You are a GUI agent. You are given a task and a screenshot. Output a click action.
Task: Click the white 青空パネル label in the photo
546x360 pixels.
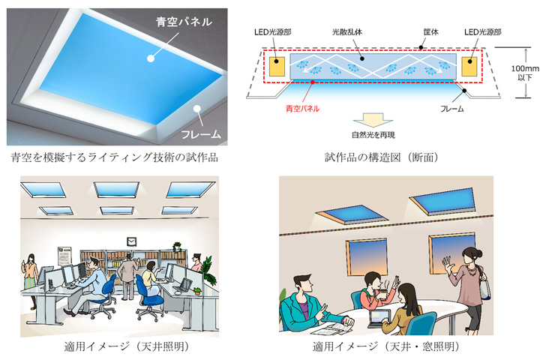184,22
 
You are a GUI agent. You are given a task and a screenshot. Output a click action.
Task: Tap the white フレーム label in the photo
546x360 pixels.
201,135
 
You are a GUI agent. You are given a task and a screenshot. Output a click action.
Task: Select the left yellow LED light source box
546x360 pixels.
277,67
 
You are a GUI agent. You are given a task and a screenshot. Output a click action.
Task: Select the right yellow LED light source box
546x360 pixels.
469,67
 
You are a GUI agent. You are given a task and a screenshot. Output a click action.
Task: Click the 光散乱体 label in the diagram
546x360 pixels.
347,32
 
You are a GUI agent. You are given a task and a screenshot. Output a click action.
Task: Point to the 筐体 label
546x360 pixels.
430,32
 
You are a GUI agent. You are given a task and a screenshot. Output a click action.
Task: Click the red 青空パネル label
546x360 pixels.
302,109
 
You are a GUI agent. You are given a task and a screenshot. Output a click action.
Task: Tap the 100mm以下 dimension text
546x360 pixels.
525,73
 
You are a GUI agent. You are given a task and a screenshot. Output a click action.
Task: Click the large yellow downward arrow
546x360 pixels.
373,120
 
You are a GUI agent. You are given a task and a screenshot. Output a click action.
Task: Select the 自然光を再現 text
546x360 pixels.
373,135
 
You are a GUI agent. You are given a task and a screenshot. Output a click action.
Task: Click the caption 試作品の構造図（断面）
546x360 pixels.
382,157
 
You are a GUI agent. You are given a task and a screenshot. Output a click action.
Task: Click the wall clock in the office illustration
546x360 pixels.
131,241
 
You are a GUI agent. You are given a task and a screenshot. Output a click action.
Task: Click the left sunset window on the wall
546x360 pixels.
366,258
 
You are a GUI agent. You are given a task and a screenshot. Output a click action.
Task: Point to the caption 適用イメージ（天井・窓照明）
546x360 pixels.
386,346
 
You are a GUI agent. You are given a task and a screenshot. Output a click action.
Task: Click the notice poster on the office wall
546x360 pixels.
64,256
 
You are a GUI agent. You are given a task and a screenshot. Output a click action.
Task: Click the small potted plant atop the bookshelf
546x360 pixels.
177,247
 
